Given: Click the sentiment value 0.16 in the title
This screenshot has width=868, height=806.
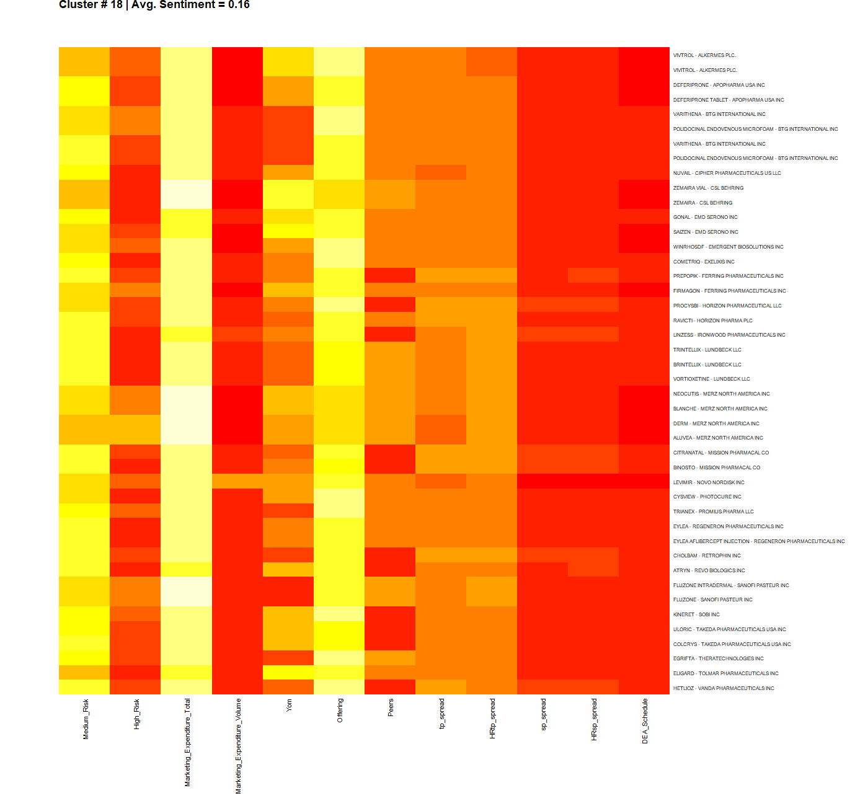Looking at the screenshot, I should tap(239, 5).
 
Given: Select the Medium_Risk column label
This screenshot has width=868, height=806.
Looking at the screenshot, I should tap(86, 719).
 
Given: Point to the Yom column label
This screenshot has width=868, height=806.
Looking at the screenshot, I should tap(290, 706).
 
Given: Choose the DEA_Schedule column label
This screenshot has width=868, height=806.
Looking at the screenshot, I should tap(645, 721).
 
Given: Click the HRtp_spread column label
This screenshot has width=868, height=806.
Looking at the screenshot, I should tap(493, 719).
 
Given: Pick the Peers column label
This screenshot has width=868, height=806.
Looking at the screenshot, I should tap(391, 708).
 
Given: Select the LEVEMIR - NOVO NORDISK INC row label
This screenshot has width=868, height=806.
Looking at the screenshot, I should tap(709, 482).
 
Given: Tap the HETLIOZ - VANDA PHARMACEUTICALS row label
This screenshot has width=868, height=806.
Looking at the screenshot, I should tap(724, 688).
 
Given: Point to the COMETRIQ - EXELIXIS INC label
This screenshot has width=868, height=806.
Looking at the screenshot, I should tap(704, 262).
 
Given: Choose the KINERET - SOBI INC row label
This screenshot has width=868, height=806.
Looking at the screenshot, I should tap(696, 614).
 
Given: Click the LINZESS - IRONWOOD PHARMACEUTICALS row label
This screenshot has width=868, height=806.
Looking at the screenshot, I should tap(729, 335).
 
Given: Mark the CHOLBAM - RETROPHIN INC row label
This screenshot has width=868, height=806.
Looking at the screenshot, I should tap(707, 556).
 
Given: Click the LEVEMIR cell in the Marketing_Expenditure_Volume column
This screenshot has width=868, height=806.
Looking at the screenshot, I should tap(237, 482).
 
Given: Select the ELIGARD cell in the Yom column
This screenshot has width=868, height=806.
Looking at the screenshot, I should tap(288, 673).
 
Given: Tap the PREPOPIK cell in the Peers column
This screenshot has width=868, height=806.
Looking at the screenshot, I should tap(390, 275).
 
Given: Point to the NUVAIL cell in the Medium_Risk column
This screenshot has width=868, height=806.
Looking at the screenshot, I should tap(84, 172).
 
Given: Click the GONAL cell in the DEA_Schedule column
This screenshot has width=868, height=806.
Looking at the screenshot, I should tap(644, 216).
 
